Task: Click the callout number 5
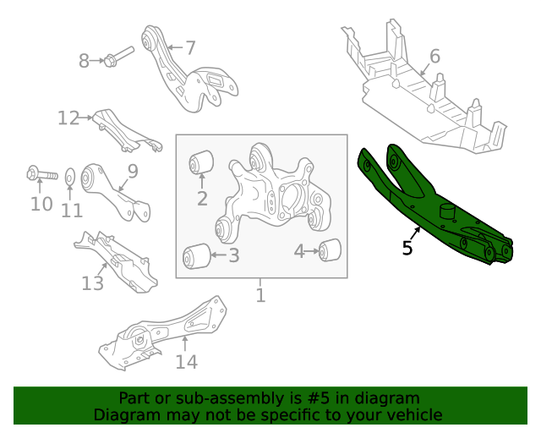tap(407, 249)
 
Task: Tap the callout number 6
tap(434, 57)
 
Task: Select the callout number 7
tap(190, 48)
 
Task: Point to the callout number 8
tap(84, 61)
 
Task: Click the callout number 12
tap(68, 118)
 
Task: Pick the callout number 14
tap(186, 362)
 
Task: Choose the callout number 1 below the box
tap(260, 295)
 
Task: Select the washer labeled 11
tap(71, 177)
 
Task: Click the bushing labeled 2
tap(202, 160)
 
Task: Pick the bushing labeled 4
tap(331, 250)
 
